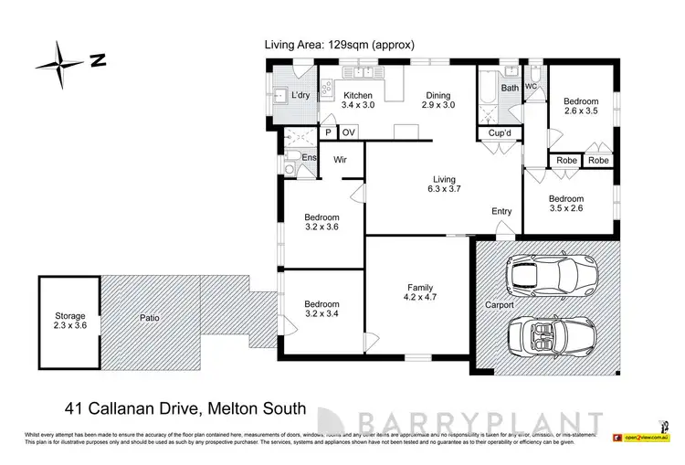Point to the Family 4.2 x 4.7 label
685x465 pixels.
(420, 291)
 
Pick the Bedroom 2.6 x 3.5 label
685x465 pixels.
(581, 106)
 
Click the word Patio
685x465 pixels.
(149, 319)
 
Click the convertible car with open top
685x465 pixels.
(545, 334)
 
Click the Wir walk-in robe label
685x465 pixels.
(340, 159)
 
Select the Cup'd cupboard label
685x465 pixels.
(499, 133)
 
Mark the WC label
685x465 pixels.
(531, 88)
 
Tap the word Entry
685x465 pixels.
(501, 212)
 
